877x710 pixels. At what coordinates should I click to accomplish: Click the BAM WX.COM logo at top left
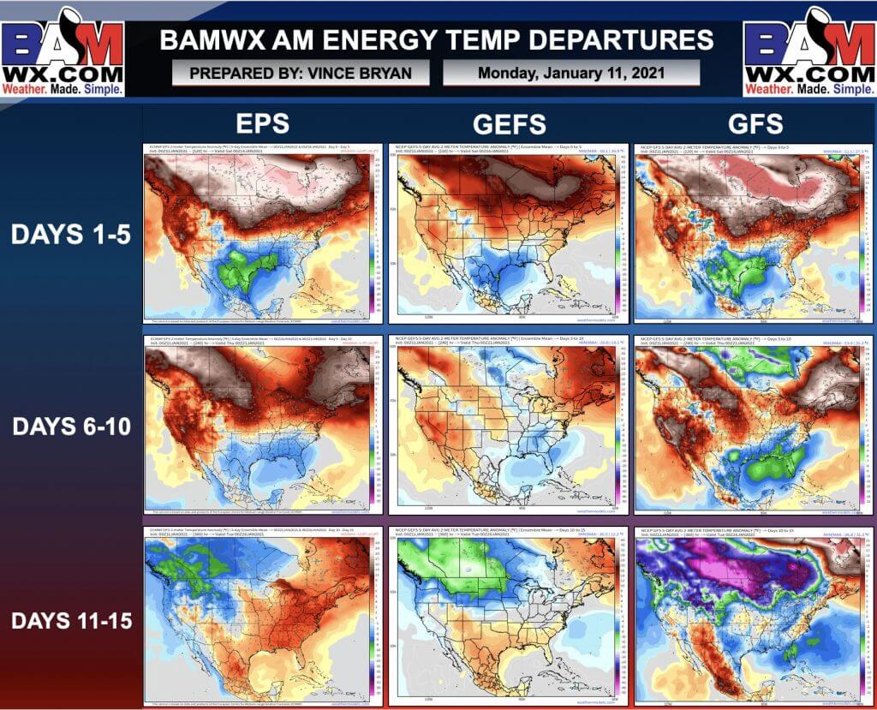coord(64,50)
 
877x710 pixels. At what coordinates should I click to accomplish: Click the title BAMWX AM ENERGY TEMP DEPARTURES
coord(436,40)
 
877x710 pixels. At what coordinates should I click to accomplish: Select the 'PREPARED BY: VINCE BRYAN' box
coord(300,73)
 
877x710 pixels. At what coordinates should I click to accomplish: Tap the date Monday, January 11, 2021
coord(570,73)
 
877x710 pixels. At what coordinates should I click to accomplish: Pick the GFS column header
coord(756,124)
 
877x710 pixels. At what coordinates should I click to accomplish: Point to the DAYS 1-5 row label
coord(70,235)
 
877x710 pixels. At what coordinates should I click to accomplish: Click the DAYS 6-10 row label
coord(70,426)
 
